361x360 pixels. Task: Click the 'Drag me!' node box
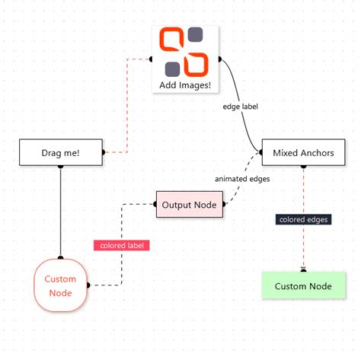click(x=60, y=153)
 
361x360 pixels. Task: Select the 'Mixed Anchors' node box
click(x=302, y=152)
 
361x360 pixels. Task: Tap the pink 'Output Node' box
click(x=190, y=205)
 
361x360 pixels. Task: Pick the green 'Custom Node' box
click(x=302, y=285)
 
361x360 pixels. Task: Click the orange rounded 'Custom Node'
click(x=60, y=285)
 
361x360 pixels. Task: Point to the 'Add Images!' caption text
click(x=185, y=84)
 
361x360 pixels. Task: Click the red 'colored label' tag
click(x=122, y=245)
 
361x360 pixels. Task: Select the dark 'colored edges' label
click(x=302, y=219)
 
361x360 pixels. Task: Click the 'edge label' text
click(x=241, y=107)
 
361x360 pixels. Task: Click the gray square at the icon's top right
click(x=196, y=35)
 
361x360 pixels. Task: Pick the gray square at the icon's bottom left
click(x=174, y=67)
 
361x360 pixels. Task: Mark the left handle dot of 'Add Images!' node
click(x=151, y=59)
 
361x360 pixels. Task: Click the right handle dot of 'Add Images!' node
click(x=220, y=59)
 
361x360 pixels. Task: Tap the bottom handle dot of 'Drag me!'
click(x=60, y=166)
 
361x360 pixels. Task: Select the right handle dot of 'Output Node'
click(x=225, y=205)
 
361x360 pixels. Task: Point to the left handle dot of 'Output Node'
click(x=155, y=205)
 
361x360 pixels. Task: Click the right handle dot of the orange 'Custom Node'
click(x=88, y=285)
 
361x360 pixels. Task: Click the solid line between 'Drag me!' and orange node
click(x=60, y=213)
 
